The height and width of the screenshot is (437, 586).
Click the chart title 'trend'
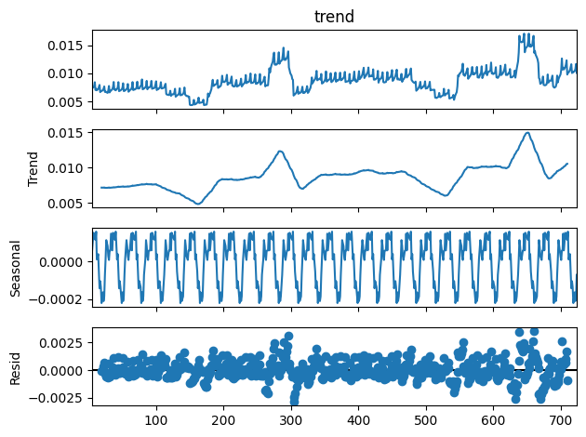[334, 16]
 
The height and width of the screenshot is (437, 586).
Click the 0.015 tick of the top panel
[70, 46]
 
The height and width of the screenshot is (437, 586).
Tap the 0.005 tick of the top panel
[70, 101]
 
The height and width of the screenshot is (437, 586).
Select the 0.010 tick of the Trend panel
[70, 167]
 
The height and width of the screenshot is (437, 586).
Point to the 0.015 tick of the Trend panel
[70, 133]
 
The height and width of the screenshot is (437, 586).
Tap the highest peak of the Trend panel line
[527, 133]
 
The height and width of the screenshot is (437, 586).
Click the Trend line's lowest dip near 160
[197, 204]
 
